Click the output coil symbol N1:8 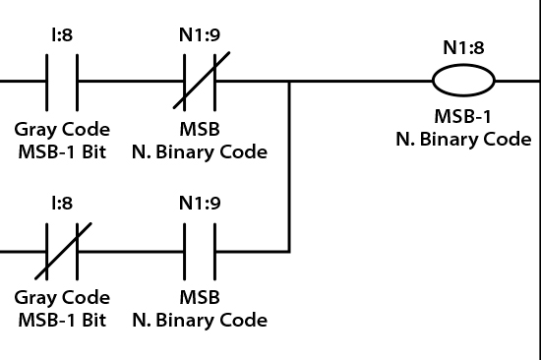point(463,82)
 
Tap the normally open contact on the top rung point(62,82)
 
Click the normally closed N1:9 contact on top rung point(201,82)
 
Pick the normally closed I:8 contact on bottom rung point(62,251)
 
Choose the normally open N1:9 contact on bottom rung point(201,251)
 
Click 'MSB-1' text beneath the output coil point(463,117)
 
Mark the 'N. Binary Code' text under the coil point(463,139)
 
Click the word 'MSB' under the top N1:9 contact point(201,129)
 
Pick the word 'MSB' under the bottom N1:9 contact point(201,298)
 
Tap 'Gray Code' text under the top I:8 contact point(62,129)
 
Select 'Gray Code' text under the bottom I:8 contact point(62,298)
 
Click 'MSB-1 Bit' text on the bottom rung point(62,320)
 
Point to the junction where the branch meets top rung point(289,82)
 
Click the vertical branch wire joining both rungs point(289,167)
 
